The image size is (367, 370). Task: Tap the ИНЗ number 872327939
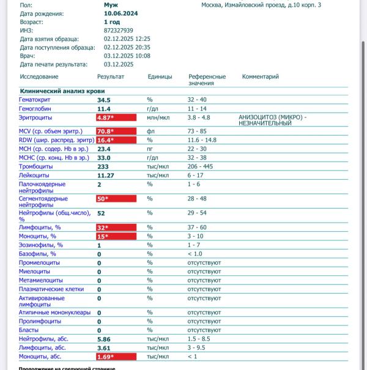(x=119, y=30)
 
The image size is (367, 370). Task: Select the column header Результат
(x=111, y=77)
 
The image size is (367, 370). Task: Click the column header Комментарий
(x=261, y=77)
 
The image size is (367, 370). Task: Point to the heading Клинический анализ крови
(x=58, y=91)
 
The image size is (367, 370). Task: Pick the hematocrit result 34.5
(x=104, y=100)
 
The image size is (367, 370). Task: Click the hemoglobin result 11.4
(x=104, y=108)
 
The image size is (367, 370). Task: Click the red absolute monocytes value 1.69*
(x=106, y=357)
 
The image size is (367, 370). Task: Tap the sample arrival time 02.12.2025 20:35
(x=127, y=47)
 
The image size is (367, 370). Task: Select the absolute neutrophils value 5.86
(x=104, y=339)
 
